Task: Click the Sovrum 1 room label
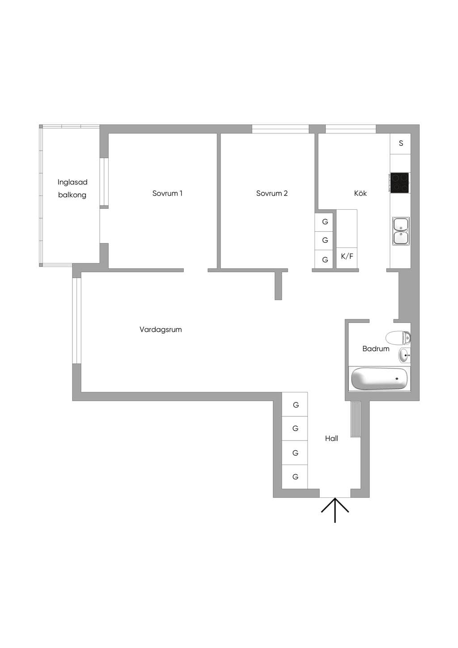(x=167, y=193)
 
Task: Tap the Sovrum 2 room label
(x=271, y=193)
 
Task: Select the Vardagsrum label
(x=161, y=330)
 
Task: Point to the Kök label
(x=360, y=193)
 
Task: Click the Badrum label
(x=376, y=348)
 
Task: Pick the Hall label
(x=331, y=438)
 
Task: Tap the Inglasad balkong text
(x=72, y=188)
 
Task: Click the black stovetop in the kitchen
(x=399, y=183)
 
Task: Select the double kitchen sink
(x=401, y=231)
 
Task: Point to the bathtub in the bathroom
(x=379, y=379)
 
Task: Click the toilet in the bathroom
(x=398, y=338)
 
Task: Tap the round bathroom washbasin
(x=404, y=355)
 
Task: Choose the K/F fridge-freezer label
(x=347, y=256)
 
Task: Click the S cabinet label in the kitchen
(x=401, y=143)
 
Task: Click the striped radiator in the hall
(x=356, y=419)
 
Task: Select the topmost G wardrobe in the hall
(x=295, y=404)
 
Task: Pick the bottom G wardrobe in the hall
(x=295, y=477)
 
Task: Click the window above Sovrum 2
(x=280, y=129)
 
